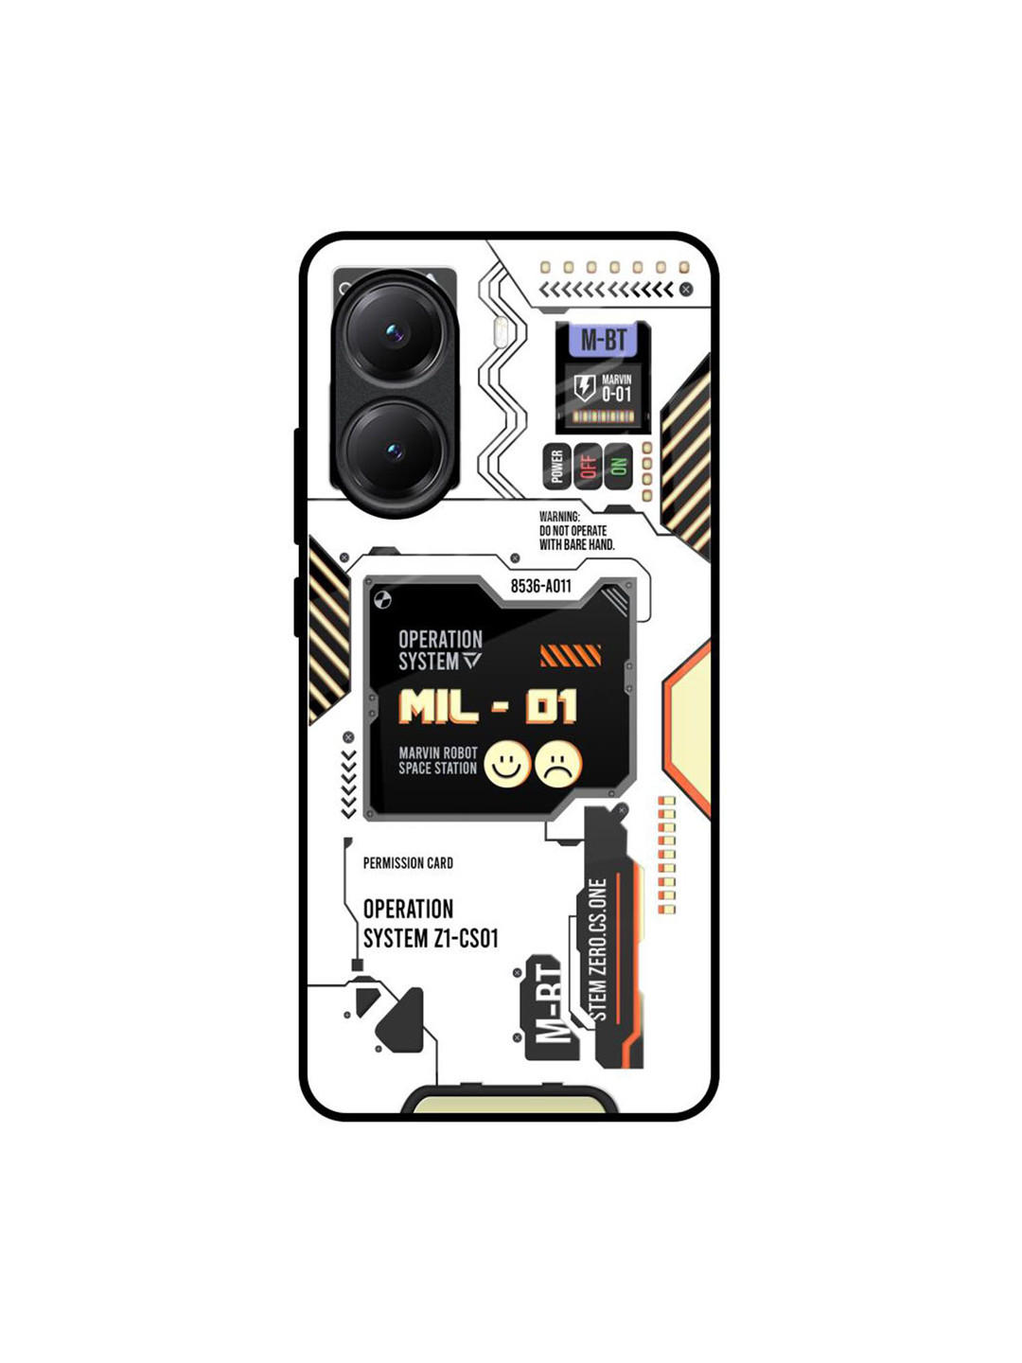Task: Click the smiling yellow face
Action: click(507, 764)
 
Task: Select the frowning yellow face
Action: click(558, 764)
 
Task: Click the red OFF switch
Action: click(588, 466)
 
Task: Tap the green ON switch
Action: click(618, 466)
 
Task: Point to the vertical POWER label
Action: click(557, 466)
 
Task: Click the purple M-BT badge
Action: click(603, 340)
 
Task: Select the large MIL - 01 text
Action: click(487, 707)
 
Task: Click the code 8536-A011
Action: click(541, 586)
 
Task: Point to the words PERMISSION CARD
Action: click(408, 863)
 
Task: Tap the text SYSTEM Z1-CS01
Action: click(431, 938)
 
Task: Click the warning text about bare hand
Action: click(576, 531)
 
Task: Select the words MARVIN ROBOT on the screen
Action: click(438, 752)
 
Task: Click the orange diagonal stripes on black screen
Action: click(571, 655)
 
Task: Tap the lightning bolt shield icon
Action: click(585, 387)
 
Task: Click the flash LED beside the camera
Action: click(501, 330)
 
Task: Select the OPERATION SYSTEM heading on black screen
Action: click(440, 650)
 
